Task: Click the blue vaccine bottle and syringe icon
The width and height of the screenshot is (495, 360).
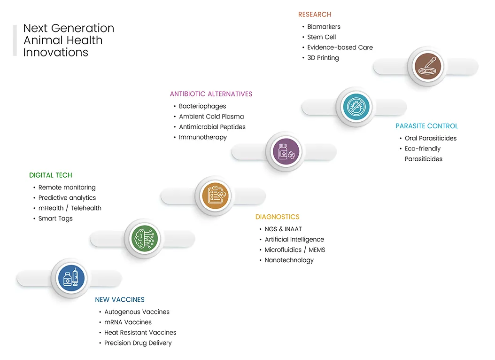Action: click(x=71, y=278)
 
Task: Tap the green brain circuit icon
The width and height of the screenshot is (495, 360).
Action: click(x=145, y=238)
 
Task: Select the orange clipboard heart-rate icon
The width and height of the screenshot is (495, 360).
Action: click(x=215, y=196)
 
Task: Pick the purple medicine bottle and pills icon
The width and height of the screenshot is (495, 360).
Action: click(x=286, y=152)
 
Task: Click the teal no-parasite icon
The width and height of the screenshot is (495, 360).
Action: click(x=356, y=107)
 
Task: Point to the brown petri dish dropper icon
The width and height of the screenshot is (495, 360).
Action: click(x=428, y=66)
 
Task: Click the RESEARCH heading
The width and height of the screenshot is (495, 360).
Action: click(x=315, y=15)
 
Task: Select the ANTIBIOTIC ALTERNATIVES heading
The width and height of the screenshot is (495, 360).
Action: click(x=211, y=94)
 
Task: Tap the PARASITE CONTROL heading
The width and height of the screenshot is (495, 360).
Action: click(x=426, y=126)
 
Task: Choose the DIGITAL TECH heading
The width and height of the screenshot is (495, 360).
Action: click(x=51, y=175)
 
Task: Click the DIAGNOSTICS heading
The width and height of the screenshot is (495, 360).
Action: click(x=277, y=217)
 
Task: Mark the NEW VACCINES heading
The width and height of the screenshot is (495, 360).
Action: click(x=120, y=300)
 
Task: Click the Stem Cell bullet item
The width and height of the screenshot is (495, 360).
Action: click(x=321, y=37)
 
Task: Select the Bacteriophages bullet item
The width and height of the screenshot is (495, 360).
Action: click(x=202, y=106)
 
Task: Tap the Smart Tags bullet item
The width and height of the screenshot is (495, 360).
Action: click(x=55, y=219)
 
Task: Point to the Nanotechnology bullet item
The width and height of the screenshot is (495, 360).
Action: click(x=289, y=260)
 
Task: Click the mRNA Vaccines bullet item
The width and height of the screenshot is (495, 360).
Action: click(x=128, y=322)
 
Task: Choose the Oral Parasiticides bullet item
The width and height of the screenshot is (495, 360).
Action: click(x=431, y=138)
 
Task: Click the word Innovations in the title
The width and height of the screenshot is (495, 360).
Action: click(x=55, y=53)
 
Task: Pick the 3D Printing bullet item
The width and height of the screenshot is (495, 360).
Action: click(x=323, y=58)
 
